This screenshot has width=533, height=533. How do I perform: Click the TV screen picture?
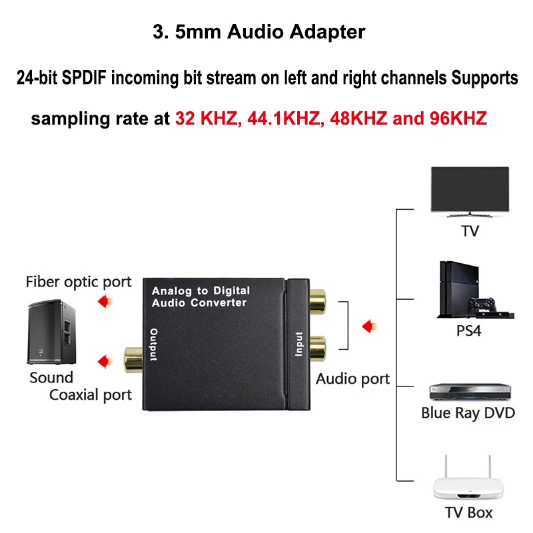[470, 189]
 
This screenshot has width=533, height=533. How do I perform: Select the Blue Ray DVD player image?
[469, 392]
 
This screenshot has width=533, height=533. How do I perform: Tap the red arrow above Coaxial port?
[103, 361]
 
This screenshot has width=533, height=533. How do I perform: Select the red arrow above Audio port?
[368, 326]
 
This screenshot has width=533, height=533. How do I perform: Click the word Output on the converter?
[154, 345]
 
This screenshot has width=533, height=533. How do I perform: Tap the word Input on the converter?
[298, 344]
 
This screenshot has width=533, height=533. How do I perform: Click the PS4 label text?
[468, 330]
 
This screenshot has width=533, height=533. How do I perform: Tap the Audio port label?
[352, 379]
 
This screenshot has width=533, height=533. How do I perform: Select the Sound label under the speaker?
[51, 378]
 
